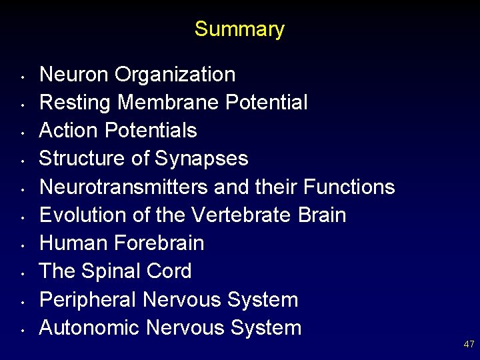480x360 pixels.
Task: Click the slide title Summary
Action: (x=239, y=29)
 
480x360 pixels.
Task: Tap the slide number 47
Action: (x=469, y=344)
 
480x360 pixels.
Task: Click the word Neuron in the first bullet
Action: (x=74, y=75)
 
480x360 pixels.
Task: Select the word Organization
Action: (x=175, y=75)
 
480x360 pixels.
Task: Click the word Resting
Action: (x=75, y=103)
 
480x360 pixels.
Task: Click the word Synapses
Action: (x=201, y=159)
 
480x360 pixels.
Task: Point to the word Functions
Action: (x=349, y=187)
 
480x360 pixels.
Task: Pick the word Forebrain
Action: (x=159, y=243)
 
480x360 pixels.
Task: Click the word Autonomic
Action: (x=89, y=328)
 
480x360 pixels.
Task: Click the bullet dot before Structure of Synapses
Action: (x=23, y=160)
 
